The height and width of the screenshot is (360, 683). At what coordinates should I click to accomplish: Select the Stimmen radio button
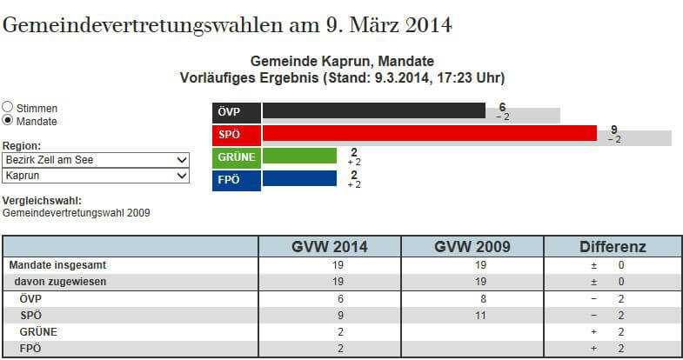8,108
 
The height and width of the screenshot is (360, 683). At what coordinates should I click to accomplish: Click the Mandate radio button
8,121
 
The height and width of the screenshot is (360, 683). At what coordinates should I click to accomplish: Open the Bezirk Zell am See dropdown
96,161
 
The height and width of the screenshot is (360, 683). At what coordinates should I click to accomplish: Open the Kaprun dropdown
96,176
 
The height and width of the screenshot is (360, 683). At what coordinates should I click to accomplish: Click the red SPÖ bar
429,134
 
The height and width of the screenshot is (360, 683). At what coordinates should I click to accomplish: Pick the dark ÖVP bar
373,110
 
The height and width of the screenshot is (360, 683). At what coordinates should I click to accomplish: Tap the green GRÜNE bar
299,157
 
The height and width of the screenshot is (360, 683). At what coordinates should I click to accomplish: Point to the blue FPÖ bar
299,179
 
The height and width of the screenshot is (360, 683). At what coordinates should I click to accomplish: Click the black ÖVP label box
237,111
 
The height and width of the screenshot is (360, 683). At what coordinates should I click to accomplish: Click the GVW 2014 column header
330,247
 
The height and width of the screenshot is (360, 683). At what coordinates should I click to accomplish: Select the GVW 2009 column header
472,247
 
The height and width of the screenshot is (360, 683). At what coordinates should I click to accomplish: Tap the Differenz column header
613,247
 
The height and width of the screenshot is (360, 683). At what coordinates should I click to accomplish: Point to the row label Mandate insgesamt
61,265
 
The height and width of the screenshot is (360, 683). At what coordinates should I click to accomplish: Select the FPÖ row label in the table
32,348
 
